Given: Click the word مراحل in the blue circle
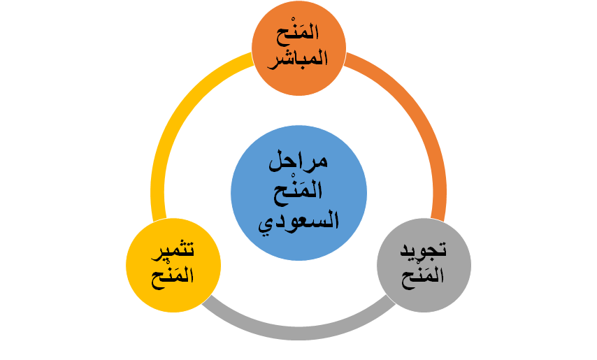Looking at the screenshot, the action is coord(298,163).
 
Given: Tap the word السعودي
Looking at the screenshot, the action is coord(298,222).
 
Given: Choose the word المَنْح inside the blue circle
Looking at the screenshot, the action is coord(298,192).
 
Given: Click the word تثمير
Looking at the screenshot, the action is coord(173,250).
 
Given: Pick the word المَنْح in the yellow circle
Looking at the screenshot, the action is coord(173,275).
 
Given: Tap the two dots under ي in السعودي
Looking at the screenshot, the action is coord(266,233).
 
